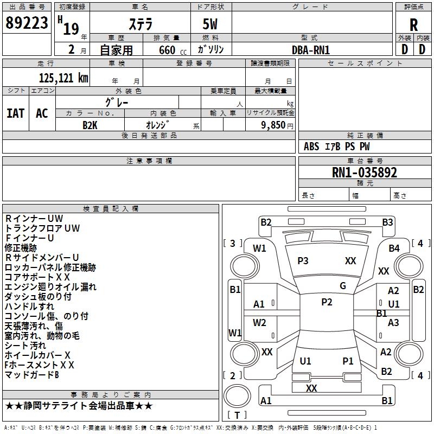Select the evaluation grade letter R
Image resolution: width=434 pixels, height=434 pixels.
click(413, 24)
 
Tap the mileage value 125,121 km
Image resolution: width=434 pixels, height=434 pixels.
click(63, 78)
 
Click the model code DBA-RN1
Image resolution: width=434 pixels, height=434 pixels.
click(311, 49)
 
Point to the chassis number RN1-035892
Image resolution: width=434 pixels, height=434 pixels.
click(365, 173)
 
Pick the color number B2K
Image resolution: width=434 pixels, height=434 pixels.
click(90, 125)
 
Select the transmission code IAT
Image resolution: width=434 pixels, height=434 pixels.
click(15, 113)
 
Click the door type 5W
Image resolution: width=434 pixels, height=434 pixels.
click(211, 25)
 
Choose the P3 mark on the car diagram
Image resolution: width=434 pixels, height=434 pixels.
click(303, 260)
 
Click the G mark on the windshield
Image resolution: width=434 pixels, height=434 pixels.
click(343, 286)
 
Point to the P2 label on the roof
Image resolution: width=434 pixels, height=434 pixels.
click(327, 302)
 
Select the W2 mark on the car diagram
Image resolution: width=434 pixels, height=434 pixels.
click(259, 323)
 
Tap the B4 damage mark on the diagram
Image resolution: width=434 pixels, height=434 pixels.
click(394, 248)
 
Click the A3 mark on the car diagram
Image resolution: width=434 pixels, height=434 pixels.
click(393, 323)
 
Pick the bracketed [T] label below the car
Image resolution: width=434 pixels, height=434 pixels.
click(237, 415)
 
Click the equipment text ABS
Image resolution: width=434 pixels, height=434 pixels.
click(311, 146)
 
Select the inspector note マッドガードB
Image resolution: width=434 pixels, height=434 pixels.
click(32, 374)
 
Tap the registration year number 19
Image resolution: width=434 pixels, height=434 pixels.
click(71, 28)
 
